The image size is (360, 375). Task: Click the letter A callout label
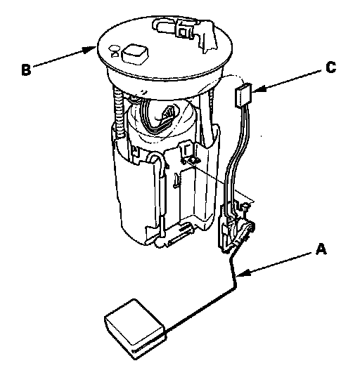pos(321,249)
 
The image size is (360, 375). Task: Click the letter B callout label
pos(26,70)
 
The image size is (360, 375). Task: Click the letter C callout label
pos(331,67)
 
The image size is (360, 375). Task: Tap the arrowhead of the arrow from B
pos(90,50)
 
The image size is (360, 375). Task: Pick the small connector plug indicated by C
pos(243,96)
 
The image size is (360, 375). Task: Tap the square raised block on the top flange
pos(135,54)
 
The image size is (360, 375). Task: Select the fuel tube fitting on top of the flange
pos(184,32)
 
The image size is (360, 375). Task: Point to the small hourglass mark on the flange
pos(115,51)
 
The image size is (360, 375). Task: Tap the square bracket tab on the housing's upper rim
pos(186,151)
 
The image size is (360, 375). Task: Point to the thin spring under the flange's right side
pos(211,102)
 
